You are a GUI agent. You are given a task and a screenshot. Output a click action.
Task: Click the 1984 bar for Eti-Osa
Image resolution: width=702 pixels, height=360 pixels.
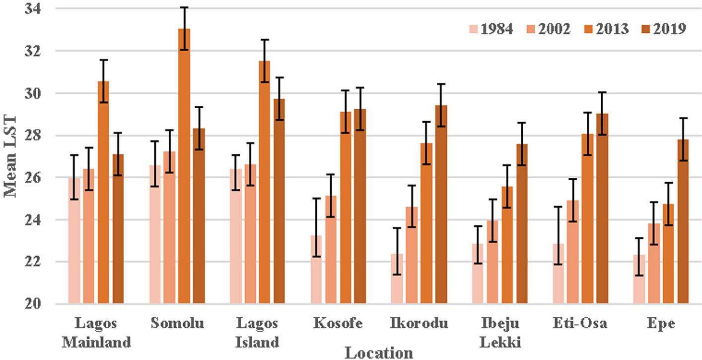(x=558, y=274)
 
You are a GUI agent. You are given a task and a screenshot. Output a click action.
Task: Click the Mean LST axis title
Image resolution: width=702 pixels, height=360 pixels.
(x=11, y=156)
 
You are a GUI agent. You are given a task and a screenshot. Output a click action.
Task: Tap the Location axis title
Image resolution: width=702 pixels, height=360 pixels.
(x=379, y=353)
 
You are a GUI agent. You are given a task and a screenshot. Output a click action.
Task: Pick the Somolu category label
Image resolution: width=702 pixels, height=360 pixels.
(x=177, y=324)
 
